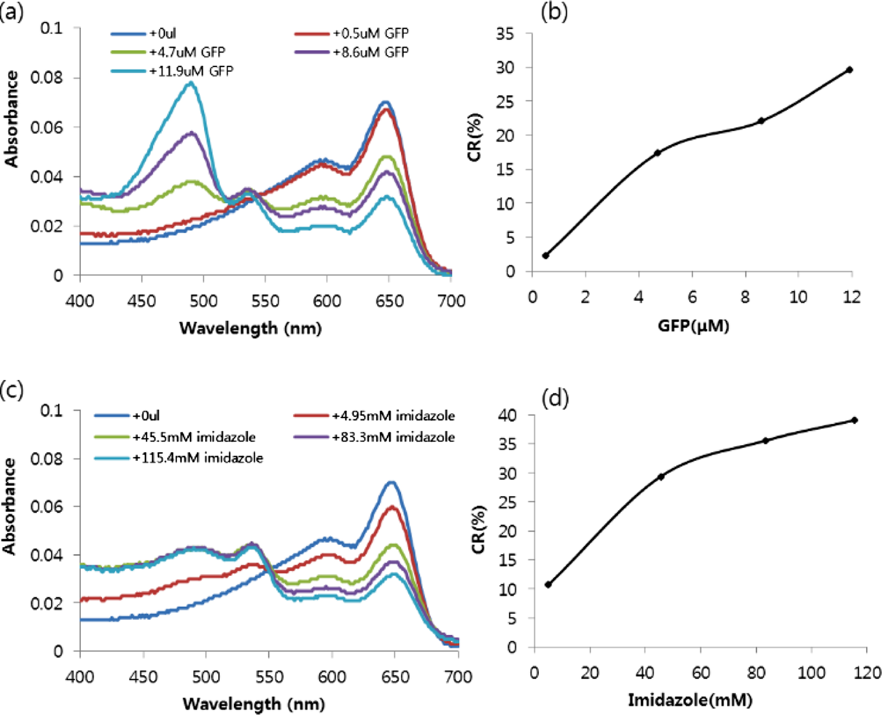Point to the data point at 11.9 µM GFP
(849, 70)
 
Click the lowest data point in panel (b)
(545, 255)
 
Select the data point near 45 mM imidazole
(661, 477)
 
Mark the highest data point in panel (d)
(855, 420)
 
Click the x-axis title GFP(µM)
(693, 326)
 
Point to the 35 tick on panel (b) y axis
(505, 34)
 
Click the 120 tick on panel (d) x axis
(867, 672)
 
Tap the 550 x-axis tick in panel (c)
(269, 676)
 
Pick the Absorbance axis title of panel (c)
(10, 506)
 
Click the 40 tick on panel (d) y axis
(508, 415)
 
